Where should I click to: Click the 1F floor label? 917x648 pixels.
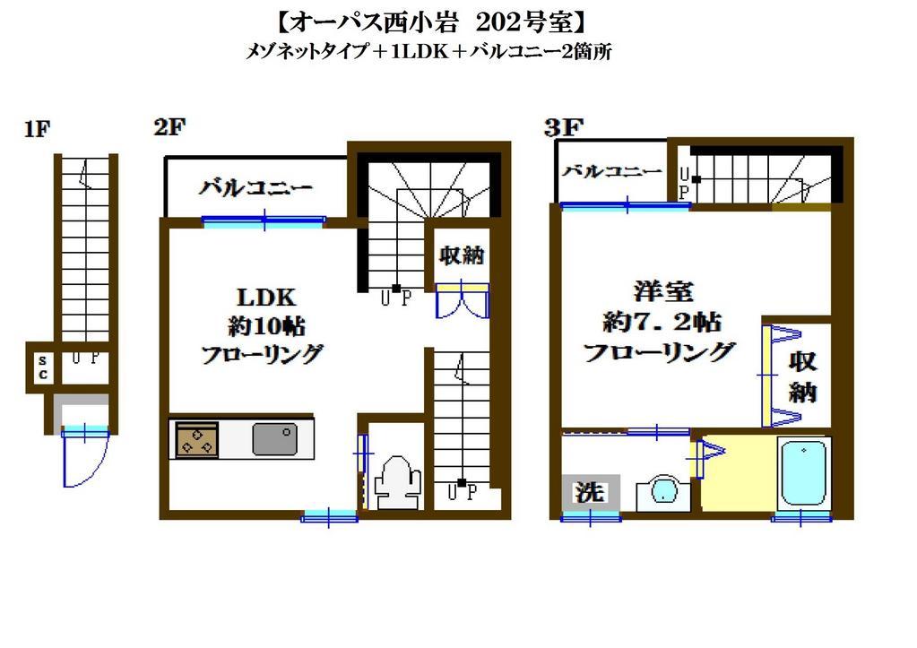(x=38, y=129)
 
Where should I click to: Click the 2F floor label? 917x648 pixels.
(x=169, y=127)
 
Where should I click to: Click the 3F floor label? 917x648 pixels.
(x=564, y=127)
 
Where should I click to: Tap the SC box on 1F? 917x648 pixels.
(x=43, y=367)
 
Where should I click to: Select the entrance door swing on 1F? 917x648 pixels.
(x=85, y=459)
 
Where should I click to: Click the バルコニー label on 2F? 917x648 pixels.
(x=255, y=187)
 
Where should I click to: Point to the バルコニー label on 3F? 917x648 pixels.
(x=611, y=171)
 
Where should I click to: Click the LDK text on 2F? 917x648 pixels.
(x=266, y=298)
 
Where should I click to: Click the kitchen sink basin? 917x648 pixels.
(x=275, y=439)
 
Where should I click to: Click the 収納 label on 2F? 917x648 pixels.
(x=462, y=255)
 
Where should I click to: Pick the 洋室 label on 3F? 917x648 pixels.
(x=663, y=290)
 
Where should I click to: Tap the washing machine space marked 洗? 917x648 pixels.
(x=590, y=492)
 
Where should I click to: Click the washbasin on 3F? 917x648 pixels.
(x=663, y=490)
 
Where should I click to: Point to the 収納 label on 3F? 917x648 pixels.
(x=802, y=376)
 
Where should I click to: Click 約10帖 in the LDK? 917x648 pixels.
(x=267, y=326)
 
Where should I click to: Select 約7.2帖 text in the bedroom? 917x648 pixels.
(x=662, y=322)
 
